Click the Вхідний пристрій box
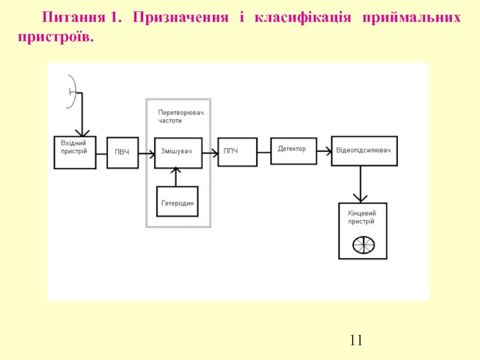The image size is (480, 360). tap(74, 152)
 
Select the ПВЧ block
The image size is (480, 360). tap(122, 152)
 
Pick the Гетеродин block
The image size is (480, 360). tap(177, 202)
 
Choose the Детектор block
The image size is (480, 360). tap(292, 148)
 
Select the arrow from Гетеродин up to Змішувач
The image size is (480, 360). tap(175, 176)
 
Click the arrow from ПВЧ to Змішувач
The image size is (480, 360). tap(146, 152)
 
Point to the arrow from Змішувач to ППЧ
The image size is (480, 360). tap(209, 152)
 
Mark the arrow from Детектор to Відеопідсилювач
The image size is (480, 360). tap(323, 151)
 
